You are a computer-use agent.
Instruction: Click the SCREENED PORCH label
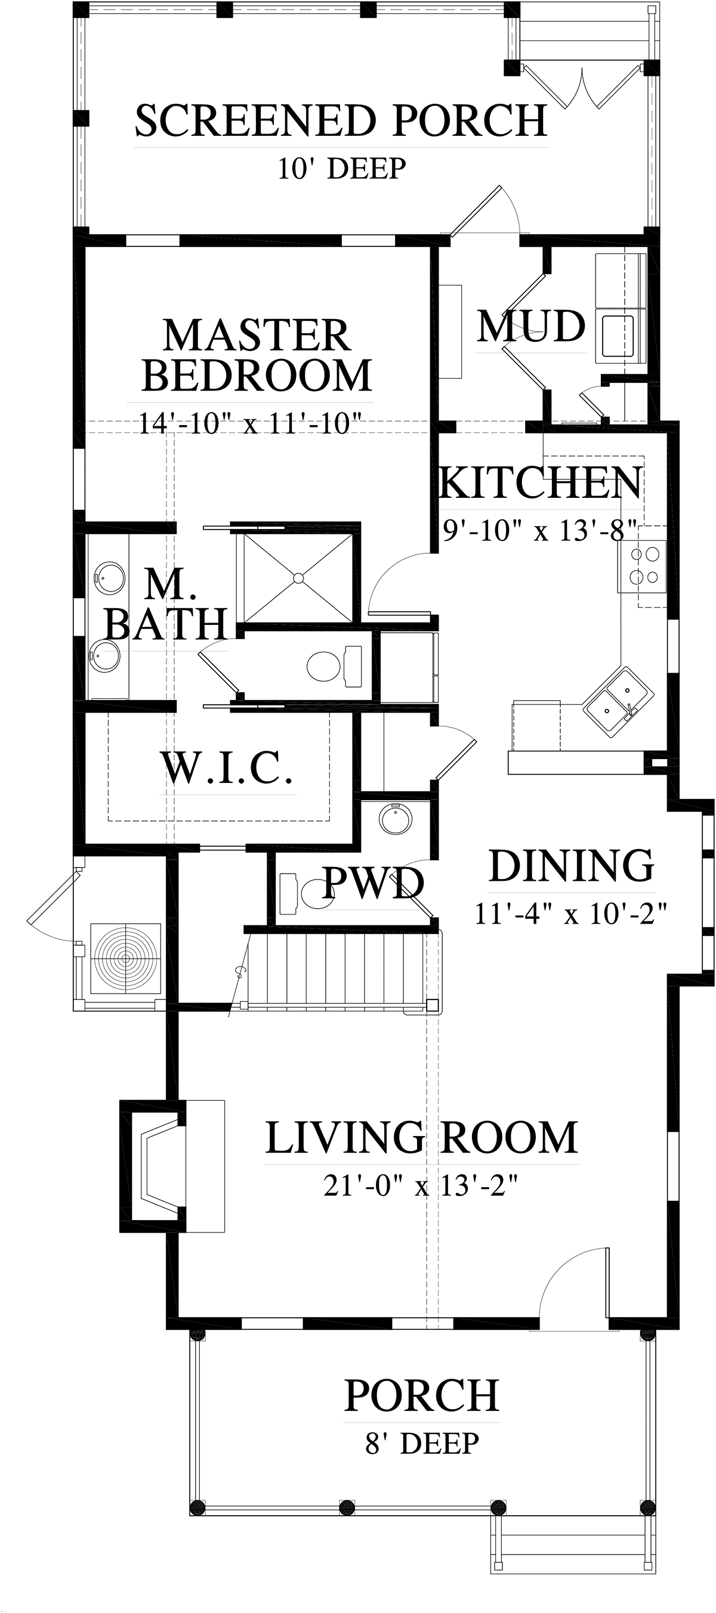click(x=341, y=121)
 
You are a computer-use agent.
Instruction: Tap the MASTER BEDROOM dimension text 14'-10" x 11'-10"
click(x=250, y=423)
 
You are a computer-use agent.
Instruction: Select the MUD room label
click(x=531, y=326)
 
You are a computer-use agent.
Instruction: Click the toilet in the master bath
click(x=334, y=665)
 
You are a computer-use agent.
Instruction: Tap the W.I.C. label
click(x=227, y=767)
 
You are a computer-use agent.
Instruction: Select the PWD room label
click(x=374, y=883)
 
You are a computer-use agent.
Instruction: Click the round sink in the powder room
click(x=395, y=819)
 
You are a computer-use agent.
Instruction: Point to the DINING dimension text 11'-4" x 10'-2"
click(x=570, y=914)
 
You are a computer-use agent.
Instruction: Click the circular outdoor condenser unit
click(x=126, y=958)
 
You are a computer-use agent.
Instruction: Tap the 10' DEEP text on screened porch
click(x=342, y=168)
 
